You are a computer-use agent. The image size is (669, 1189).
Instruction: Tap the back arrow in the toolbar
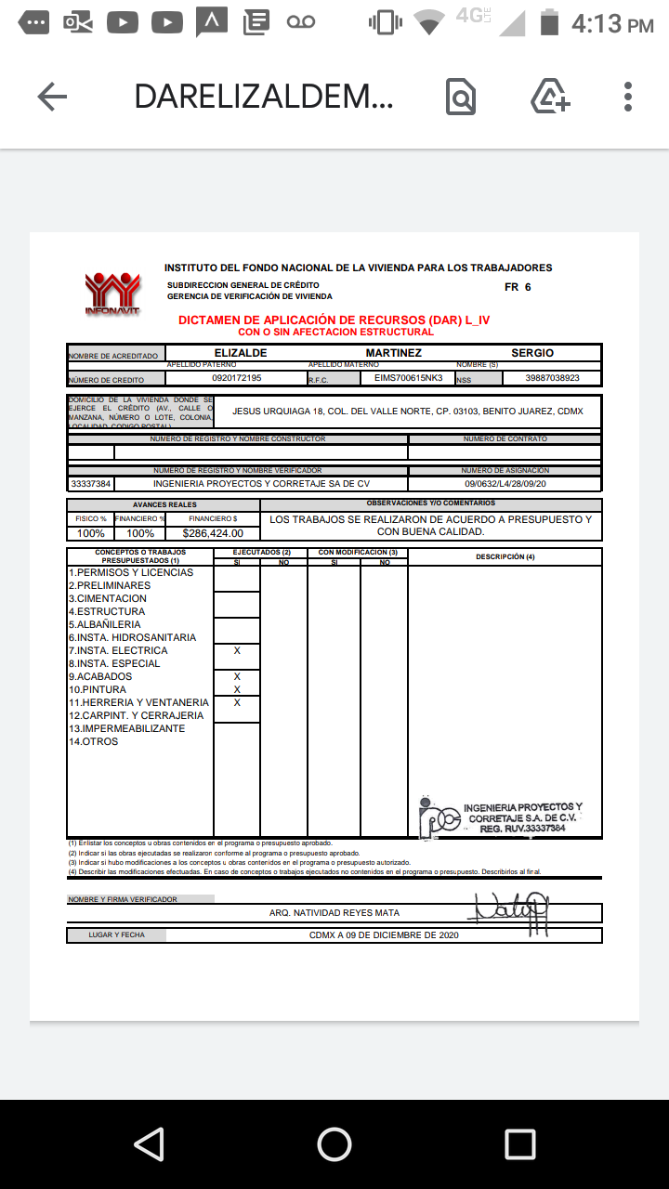pyautogui.click(x=52, y=97)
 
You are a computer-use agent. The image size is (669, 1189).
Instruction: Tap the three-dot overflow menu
pyautogui.click(x=628, y=97)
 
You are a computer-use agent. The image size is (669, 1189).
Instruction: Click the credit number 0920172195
pyautogui.click(x=237, y=378)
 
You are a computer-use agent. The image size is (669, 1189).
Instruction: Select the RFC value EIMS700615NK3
pyautogui.click(x=409, y=378)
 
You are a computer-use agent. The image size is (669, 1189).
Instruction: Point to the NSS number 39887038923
pyautogui.click(x=552, y=378)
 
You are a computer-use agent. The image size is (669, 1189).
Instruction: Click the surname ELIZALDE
pyautogui.click(x=241, y=353)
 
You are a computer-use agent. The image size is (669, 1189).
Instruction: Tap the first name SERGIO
pyautogui.click(x=532, y=353)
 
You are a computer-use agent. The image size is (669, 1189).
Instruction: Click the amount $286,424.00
pyautogui.click(x=213, y=533)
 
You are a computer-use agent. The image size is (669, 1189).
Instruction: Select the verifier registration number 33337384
pyautogui.click(x=91, y=484)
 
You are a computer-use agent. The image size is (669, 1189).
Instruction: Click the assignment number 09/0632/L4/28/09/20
pyautogui.click(x=505, y=484)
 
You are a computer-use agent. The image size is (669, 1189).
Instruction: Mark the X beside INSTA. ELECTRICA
pyautogui.click(x=237, y=651)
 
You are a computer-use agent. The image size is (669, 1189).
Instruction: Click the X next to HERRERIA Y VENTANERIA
pyautogui.click(x=237, y=703)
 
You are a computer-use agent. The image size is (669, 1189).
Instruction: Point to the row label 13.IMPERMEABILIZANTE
pyautogui.click(x=126, y=729)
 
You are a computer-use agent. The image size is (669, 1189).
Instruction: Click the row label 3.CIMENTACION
pyautogui.click(x=108, y=599)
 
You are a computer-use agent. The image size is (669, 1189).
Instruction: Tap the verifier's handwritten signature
pyautogui.click(x=510, y=909)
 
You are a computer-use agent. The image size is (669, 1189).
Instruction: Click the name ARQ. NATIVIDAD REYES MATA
pyautogui.click(x=334, y=913)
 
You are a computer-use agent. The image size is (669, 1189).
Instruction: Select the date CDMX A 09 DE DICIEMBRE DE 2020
pyautogui.click(x=384, y=935)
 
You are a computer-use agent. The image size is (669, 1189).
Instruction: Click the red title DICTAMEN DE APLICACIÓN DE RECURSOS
pyautogui.click(x=334, y=320)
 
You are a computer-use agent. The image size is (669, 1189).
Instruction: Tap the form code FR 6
pyautogui.click(x=518, y=287)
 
